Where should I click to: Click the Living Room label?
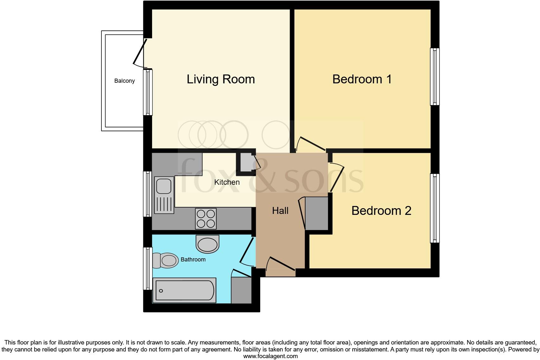[x=221, y=79]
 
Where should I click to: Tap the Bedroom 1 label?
[x=362, y=79]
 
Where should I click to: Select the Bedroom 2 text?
[x=381, y=211]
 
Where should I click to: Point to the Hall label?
[x=280, y=211]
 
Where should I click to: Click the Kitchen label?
[x=227, y=182]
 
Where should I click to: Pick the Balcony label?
[x=125, y=81]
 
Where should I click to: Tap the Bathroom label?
[x=193, y=260]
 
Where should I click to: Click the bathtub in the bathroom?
[x=184, y=290]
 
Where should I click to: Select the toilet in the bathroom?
[x=165, y=260]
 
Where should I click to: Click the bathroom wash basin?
[x=208, y=244]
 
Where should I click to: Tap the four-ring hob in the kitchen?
[x=206, y=218]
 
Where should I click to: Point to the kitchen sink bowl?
[x=164, y=186]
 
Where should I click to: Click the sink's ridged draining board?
[x=164, y=204]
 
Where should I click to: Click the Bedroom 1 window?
[x=435, y=77]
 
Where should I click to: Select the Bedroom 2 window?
[x=435, y=208]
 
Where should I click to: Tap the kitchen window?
[x=148, y=194]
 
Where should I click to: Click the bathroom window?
[x=148, y=268]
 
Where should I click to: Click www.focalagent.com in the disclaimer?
[x=270, y=356]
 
